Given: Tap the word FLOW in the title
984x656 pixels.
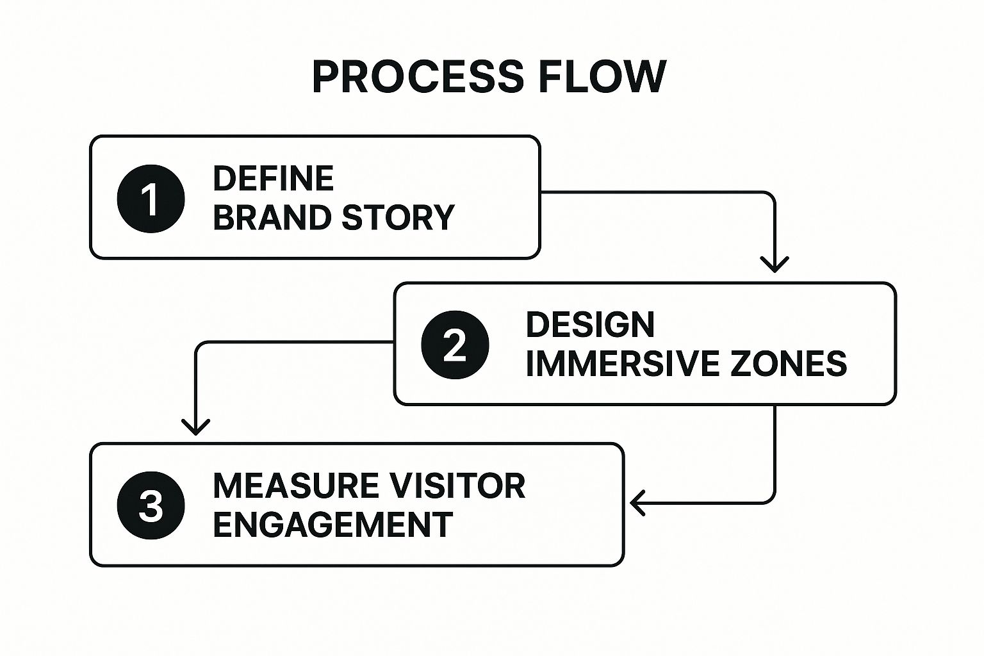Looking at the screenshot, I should click(602, 77).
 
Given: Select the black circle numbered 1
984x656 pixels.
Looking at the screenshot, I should click(151, 199).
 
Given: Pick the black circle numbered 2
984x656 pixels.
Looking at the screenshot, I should click(455, 345).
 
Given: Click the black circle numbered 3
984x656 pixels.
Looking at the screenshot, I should click(151, 505).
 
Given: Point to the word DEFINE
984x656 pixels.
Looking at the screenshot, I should click(274, 179).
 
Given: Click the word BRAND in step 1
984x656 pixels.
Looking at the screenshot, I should click(272, 218).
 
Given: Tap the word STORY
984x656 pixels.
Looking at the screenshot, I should click(398, 218).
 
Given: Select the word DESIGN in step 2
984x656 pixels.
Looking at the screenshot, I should click(590, 325).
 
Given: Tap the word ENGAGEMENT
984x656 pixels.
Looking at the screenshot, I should click(332, 525).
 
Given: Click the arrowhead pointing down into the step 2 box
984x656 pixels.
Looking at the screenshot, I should click(775, 265).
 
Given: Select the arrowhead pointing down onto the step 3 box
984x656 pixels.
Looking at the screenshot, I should click(195, 427).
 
